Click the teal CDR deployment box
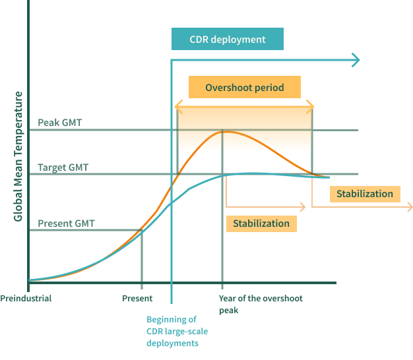227,40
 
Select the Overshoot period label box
244,88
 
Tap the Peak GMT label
59,123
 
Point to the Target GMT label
63,167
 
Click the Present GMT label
66,224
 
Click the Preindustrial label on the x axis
26,298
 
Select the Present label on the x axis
137,298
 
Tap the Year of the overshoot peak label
261,303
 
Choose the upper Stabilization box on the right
364,194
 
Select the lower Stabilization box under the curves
261,224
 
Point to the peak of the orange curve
223,132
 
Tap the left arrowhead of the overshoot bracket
177,105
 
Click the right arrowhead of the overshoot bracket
311,105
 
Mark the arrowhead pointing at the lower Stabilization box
303,207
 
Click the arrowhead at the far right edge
409,207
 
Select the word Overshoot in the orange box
228,88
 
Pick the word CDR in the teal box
199,40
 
